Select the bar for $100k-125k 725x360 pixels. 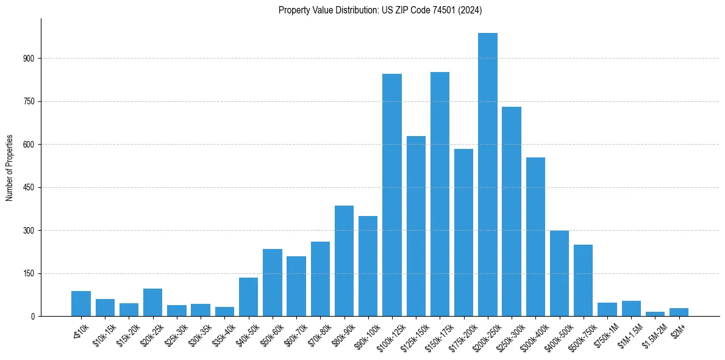tap(392, 195)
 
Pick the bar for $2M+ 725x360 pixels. tap(679, 312)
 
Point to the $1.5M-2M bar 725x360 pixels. tap(655, 314)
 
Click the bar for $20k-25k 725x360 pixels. tap(153, 303)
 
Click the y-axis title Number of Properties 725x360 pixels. tap(9, 168)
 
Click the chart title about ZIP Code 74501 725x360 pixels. tap(380, 10)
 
